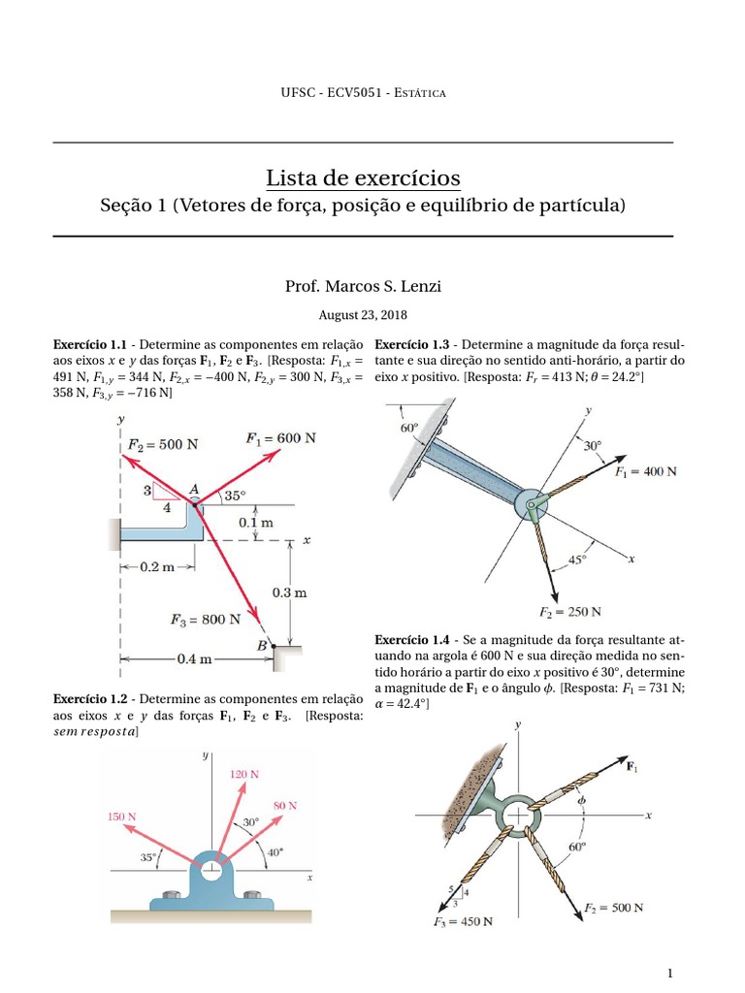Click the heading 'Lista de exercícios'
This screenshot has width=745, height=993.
click(363, 178)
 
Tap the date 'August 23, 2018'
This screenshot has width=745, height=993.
click(363, 315)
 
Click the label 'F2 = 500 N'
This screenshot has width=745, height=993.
click(163, 444)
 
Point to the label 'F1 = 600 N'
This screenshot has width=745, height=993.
click(281, 437)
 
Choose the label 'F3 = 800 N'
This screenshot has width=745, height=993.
click(205, 619)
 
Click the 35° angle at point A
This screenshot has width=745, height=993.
click(236, 495)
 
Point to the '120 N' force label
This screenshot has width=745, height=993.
click(243, 774)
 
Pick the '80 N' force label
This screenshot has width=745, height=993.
click(285, 806)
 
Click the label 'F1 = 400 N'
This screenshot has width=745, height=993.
click(645, 471)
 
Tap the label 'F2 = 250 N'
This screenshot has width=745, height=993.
click(569, 612)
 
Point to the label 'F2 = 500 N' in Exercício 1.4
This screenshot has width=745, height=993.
click(613, 908)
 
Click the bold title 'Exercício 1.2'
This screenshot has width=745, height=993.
click(90, 699)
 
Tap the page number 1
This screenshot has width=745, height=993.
click(669, 973)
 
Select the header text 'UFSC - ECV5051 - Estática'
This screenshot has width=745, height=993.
click(362, 92)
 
